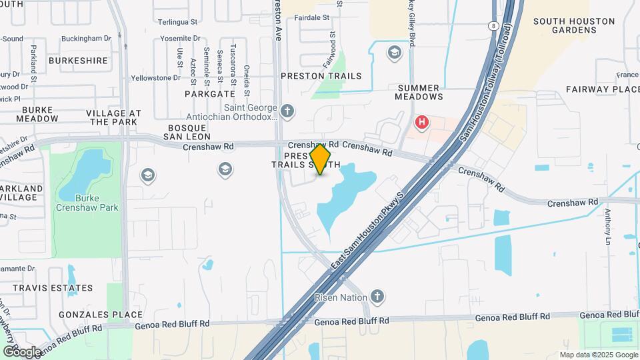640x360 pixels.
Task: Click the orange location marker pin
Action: pyautogui.click(x=321, y=159)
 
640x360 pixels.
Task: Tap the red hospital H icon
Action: pyautogui.click(x=421, y=122)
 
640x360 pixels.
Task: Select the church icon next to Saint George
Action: pyautogui.click(x=287, y=111)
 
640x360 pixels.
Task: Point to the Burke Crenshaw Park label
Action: pyautogui.click(x=87, y=203)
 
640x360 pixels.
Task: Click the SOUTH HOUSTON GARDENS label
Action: pyautogui.click(x=573, y=25)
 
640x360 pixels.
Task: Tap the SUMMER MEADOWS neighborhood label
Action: pyautogui.click(x=419, y=92)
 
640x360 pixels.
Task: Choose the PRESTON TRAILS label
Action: pyautogui.click(x=321, y=76)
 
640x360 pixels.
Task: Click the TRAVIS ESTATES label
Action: pyautogui.click(x=52, y=288)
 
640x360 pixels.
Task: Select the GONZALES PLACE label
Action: pyautogui.click(x=101, y=315)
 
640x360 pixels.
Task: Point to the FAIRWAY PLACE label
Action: pyautogui.click(x=603, y=89)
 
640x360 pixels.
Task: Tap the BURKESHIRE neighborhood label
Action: pyautogui.click(x=78, y=61)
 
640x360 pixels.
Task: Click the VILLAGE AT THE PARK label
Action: pyautogui.click(x=113, y=117)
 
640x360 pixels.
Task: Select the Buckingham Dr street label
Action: pyautogui.click(x=86, y=39)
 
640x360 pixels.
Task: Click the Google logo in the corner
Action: pyautogui.click(x=21, y=351)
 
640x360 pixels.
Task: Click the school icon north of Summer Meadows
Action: pyautogui.click(x=395, y=53)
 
